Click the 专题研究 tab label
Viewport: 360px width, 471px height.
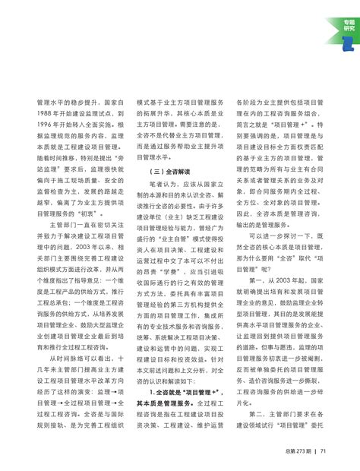point(348,24)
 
